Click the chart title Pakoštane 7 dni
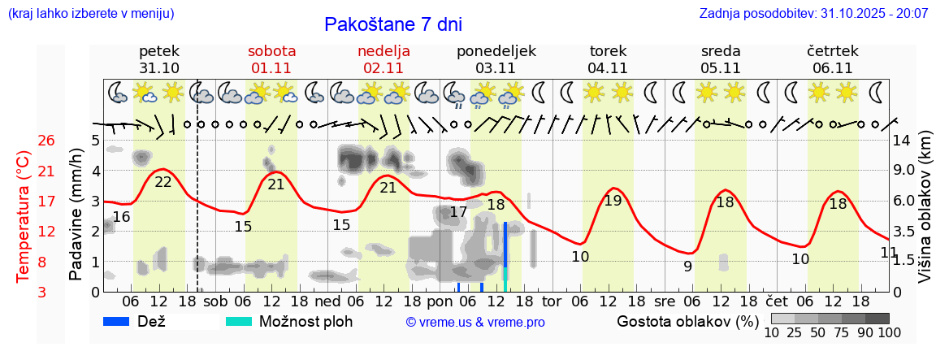point(392,24)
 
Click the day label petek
point(159,51)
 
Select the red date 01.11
point(271,68)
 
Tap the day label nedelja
point(383,51)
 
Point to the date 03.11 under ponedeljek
point(496,68)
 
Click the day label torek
point(608,51)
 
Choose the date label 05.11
point(721,68)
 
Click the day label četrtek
point(833,51)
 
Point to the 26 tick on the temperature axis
point(46,141)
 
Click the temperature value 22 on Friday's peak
point(163,182)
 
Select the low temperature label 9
point(687,266)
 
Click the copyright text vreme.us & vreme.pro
point(474,323)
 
